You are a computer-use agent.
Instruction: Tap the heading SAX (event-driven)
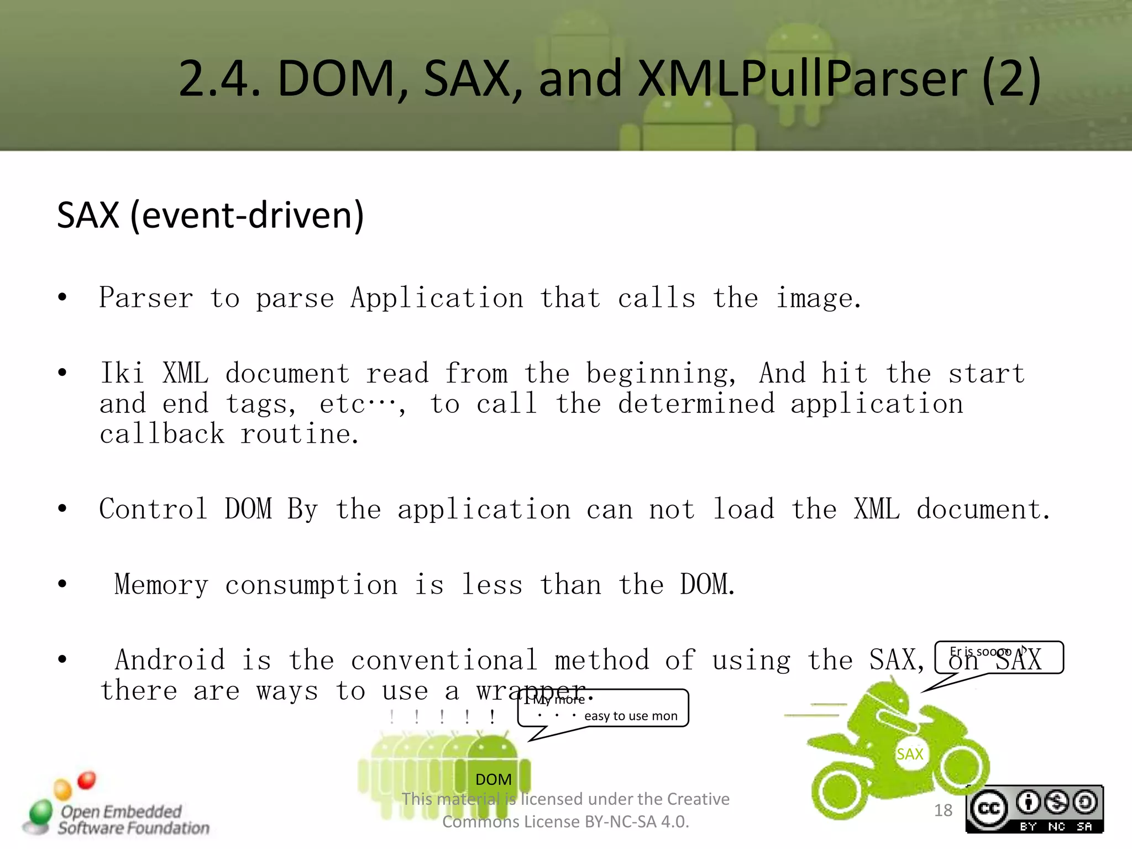pyautogui.click(x=210, y=215)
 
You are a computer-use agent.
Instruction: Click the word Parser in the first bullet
pyautogui.click(x=146, y=298)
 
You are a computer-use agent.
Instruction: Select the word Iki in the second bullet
pyautogui.click(x=122, y=373)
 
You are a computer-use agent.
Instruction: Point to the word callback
pyautogui.click(x=162, y=434)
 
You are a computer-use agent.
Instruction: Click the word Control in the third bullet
pyautogui.click(x=153, y=509)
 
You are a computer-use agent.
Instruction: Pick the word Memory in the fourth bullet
pyautogui.click(x=161, y=585)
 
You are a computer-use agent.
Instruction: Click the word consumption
pyautogui.click(x=311, y=585)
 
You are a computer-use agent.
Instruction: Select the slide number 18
pyautogui.click(x=943, y=810)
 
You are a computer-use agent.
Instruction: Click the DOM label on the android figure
pyautogui.click(x=493, y=779)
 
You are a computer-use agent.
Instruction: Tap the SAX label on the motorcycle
pyautogui.click(x=910, y=754)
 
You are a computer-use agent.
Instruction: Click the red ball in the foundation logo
pyautogui.click(x=86, y=780)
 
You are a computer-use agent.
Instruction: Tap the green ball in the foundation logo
pyautogui.click(x=41, y=812)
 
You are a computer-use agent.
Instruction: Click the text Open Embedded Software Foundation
pyautogui.click(x=133, y=820)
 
